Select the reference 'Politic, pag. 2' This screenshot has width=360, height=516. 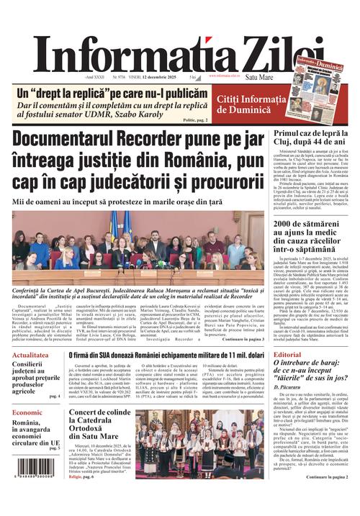(x=197, y=120)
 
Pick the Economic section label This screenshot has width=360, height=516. (x=27, y=412)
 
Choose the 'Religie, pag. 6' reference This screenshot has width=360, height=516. (x=81, y=476)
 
